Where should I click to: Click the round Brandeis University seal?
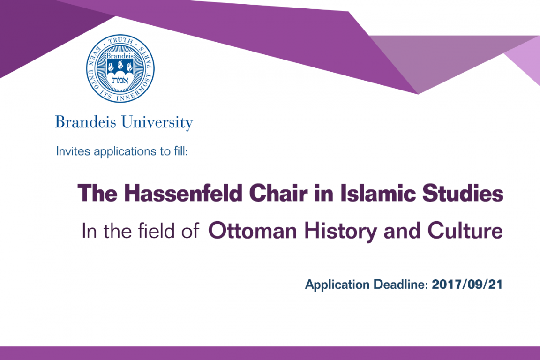(120, 68)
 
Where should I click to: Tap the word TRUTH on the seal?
(120, 41)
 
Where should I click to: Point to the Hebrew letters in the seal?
(120, 81)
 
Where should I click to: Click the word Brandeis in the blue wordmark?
(85, 122)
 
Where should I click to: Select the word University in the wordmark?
(157, 123)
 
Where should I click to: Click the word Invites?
(73, 151)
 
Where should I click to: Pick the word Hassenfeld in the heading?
(183, 193)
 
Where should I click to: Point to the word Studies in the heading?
(463, 193)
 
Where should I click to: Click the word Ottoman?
(253, 231)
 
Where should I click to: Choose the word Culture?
(465, 231)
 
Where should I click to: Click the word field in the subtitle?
(156, 231)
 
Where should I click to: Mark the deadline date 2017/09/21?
(467, 285)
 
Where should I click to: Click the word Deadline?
(401, 285)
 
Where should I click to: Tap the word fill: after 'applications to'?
(181, 151)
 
